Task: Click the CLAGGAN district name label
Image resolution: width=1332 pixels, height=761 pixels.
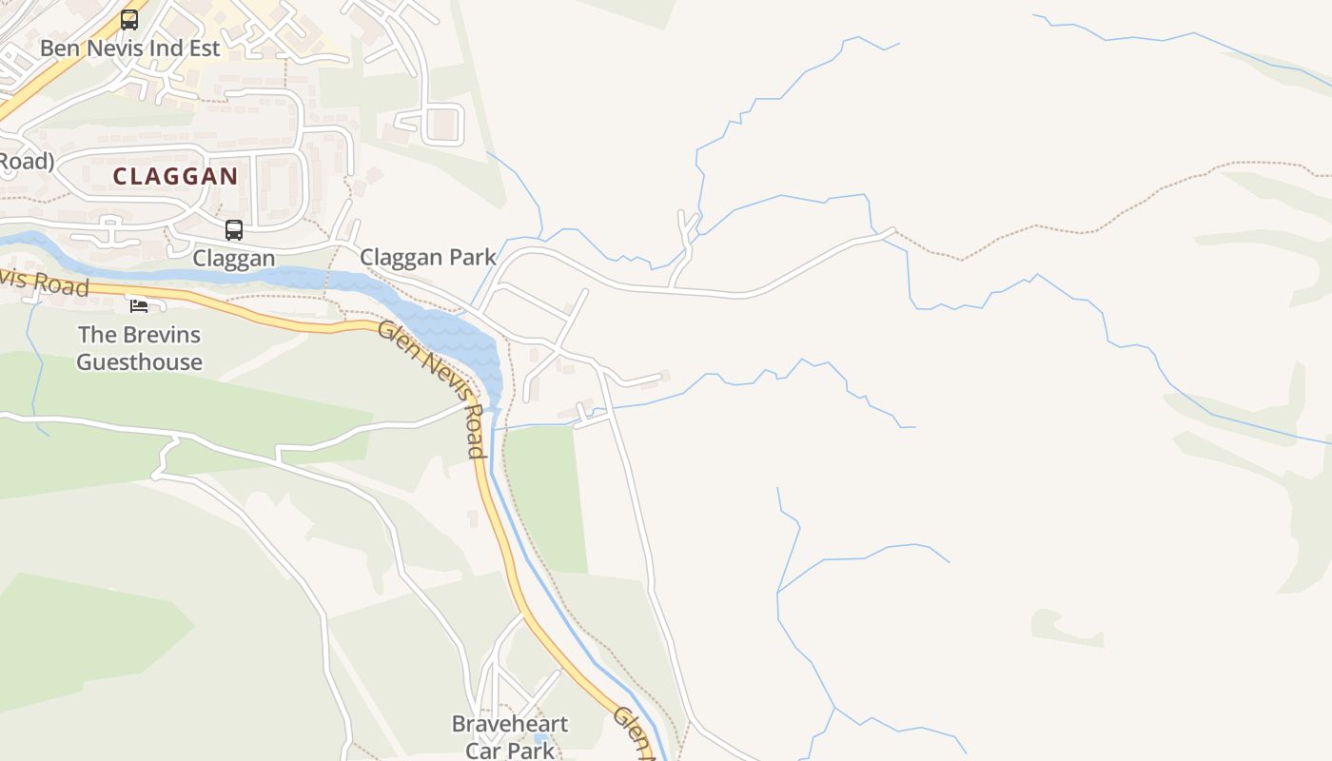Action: [175, 176]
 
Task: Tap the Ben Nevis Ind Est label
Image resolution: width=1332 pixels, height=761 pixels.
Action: [130, 48]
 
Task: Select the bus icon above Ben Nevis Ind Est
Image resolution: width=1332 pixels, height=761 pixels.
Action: [129, 19]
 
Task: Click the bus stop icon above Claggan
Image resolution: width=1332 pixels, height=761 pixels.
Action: [234, 229]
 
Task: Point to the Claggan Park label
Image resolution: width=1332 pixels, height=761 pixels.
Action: [428, 257]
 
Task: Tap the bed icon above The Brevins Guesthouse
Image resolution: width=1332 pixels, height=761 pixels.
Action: [139, 305]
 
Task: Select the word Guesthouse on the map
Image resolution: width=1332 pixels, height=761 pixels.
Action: [139, 361]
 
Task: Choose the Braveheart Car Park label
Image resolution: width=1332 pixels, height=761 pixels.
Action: [510, 736]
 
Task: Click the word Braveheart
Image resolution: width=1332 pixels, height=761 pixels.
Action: [510, 724]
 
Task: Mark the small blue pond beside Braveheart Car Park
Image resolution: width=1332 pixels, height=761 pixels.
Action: [540, 738]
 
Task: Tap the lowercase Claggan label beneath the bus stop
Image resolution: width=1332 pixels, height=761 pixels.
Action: [234, 258]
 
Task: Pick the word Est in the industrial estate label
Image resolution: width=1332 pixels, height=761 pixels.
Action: [204, 48]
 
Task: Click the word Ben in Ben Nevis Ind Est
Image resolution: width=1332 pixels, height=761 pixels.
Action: [59, 48]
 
